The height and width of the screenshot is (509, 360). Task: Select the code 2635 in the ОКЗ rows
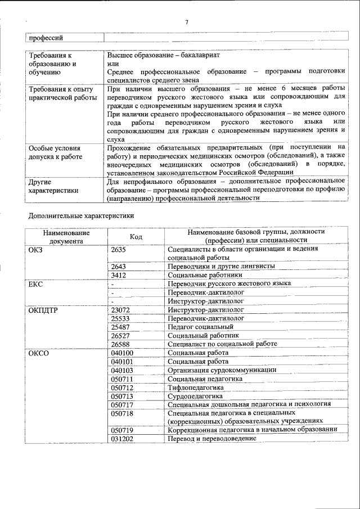[x=119, y=249]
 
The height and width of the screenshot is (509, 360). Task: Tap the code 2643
[x=119, y=266]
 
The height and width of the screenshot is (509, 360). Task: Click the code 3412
[x=119, y=275]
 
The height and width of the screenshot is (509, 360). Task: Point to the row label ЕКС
[x=35, y=284]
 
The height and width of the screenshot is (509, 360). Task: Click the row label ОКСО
[x=37, y=352]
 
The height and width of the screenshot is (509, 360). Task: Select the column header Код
[x=136, y=237]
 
